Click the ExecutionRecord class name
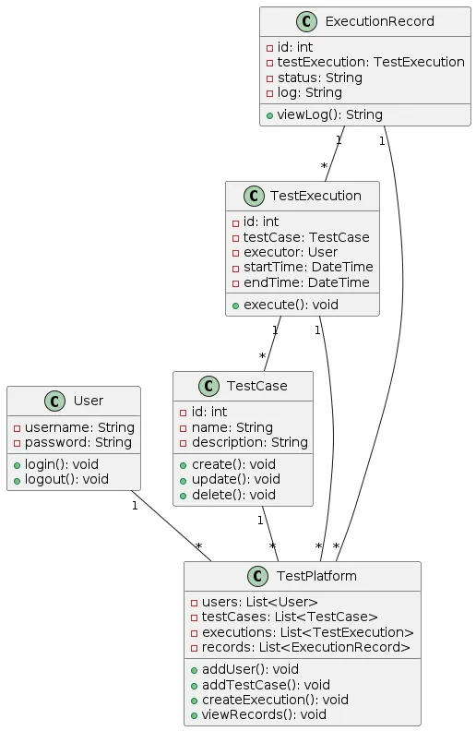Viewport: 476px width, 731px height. point(379,21)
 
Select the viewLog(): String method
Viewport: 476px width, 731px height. point(329,114)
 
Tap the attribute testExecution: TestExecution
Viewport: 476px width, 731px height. point(371,62)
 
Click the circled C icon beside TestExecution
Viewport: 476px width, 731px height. point(254,196)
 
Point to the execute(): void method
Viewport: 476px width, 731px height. point(291,305)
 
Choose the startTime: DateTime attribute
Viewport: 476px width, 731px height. point(308,267)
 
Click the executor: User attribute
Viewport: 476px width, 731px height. point(291,252)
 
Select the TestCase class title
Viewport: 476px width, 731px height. point(257,386)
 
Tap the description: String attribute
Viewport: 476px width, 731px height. point(250,442)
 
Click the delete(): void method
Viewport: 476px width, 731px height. point(233,495)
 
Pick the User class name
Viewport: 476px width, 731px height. point(89,401)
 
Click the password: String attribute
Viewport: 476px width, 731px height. point(77,442)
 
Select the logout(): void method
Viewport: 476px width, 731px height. point(66,479)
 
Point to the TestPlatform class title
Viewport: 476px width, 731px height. point(316,576)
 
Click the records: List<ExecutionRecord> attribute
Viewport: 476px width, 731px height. point(305,648)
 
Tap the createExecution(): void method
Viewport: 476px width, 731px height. point(275,700)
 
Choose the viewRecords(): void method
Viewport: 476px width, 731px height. point(264,714)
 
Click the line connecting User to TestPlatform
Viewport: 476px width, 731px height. point(171,526)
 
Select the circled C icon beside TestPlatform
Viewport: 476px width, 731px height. point(258,576)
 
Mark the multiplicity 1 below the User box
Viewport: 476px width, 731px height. point(135,506)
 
